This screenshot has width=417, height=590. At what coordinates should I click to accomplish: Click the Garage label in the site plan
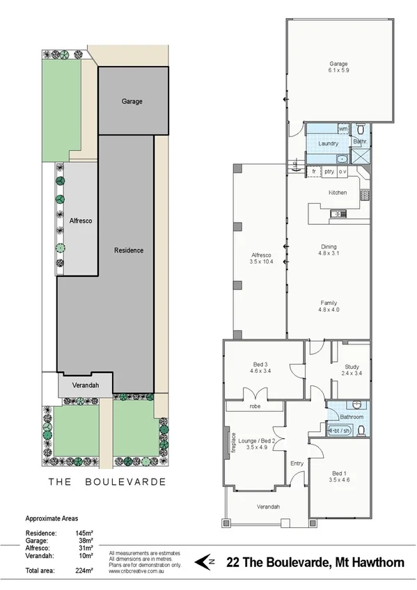click(x=132, y=102)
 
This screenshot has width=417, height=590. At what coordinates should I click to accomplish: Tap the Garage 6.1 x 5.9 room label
click(x=338, y=66)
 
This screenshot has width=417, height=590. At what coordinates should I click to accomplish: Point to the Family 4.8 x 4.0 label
click(x=329, y=307)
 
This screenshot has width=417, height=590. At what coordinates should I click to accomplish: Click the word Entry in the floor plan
click(x=297, y=463)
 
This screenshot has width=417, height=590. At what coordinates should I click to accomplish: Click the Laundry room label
click(x=328, y=144)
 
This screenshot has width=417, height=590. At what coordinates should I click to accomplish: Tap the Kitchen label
click(x=338, y=193)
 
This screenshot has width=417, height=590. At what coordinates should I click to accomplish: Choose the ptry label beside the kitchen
click(x=329, y=171)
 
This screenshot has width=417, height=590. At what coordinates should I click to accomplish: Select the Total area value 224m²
click(x=84, y=571)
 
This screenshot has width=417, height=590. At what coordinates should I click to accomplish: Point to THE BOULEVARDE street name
click(x=106, y=481)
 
